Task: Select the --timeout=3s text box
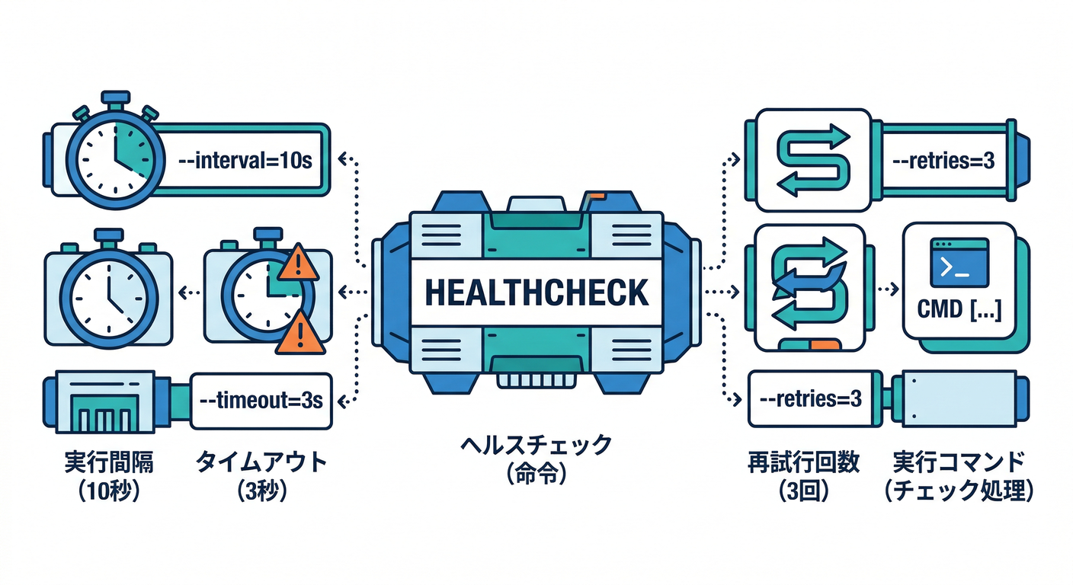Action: pos(260,400)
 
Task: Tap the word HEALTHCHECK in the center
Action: pos(536,292)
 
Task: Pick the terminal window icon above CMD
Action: pos(959,261)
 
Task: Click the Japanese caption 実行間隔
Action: pos(108,462)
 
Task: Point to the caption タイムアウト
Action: pos(261,462)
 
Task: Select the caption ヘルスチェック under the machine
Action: pos(536,446)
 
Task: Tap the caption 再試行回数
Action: pos(804,462)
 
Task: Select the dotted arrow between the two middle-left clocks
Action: pos(188,290)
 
